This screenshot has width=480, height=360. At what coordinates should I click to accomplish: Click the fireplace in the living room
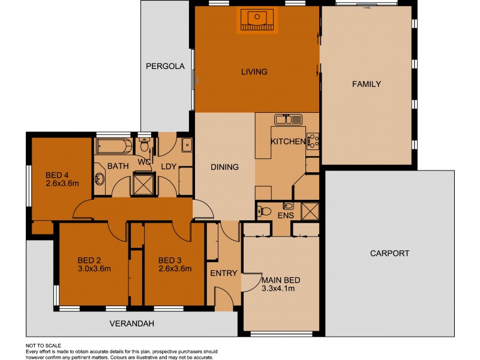click(x=257, y=20)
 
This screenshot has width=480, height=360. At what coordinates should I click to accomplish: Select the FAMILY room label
click(x=366, y=84)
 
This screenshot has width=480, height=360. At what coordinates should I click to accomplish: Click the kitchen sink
click(x=287, y=119)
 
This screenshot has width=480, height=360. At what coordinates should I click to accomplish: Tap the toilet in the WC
click(x=144, y=146)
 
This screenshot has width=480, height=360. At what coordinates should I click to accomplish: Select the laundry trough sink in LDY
click(x=186, y=145)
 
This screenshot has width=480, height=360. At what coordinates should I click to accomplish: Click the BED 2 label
click(x=89, y=260)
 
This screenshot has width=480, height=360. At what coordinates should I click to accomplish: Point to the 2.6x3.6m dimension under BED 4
click(x=62, y=184)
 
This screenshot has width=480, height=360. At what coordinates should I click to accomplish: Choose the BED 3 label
click(x=169, y=260)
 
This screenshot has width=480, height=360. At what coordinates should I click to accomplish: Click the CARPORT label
click(x=389, y=253)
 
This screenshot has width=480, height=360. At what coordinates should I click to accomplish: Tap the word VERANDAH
click(x=132, y=324)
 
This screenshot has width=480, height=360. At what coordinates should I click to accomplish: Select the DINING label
click(x=225, y=167)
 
